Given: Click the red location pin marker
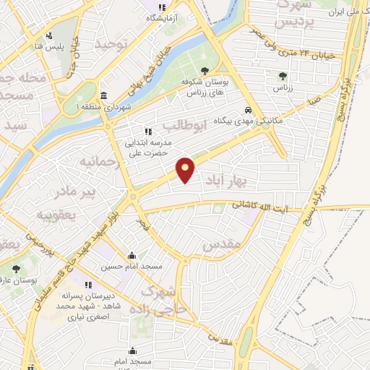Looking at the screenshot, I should (186, 170).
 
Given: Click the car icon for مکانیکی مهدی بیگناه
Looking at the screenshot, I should (248, 111).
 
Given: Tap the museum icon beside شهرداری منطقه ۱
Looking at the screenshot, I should (104, 96).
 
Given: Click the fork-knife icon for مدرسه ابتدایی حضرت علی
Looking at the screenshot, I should (148, 132).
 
